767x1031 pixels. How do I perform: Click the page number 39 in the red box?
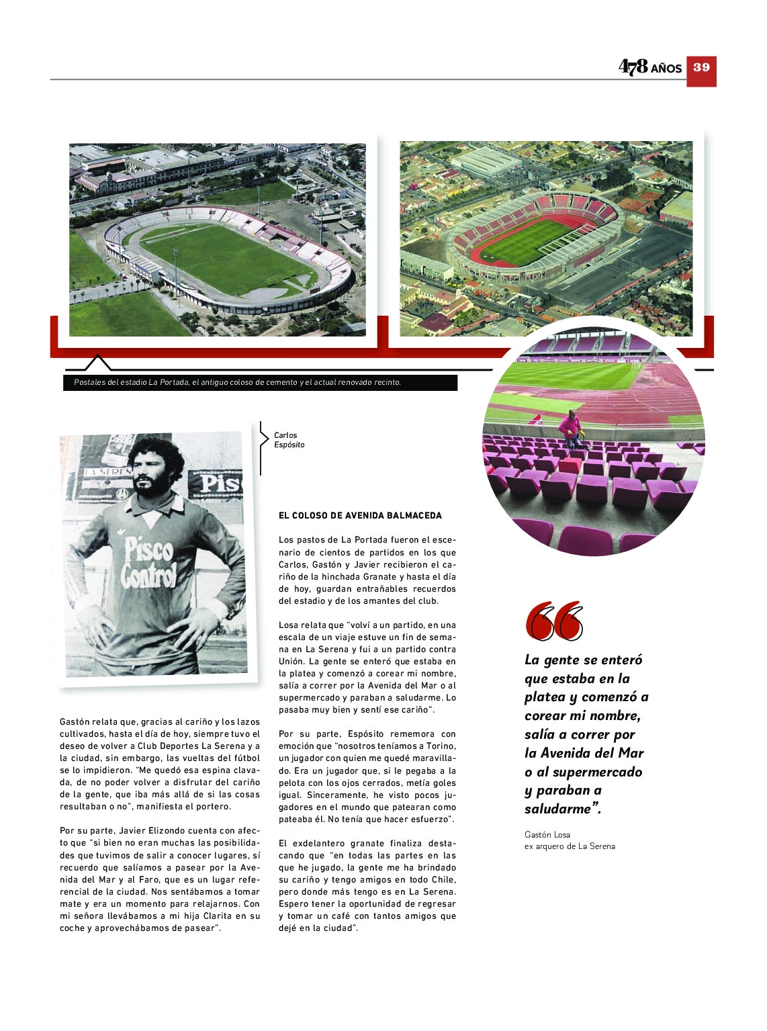(x=701, y=68)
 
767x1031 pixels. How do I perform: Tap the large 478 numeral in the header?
(x=633, y=66)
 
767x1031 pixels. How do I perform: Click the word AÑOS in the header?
(x=666, y=69)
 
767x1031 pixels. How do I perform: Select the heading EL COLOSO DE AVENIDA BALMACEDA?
(x=360, y=516)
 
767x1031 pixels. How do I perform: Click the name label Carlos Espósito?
(x=289, y=440)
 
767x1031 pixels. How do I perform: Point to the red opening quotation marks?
(x=554, y=621)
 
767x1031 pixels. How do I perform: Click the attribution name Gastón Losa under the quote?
(x=547, y=835)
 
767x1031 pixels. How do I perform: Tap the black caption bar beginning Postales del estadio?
(x=261, y=383)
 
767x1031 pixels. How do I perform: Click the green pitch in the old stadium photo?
(x=228, y=259)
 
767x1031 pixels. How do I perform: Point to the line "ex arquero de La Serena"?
(x=570, y=846)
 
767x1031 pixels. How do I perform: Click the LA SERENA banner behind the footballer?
(x=107, y=472)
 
